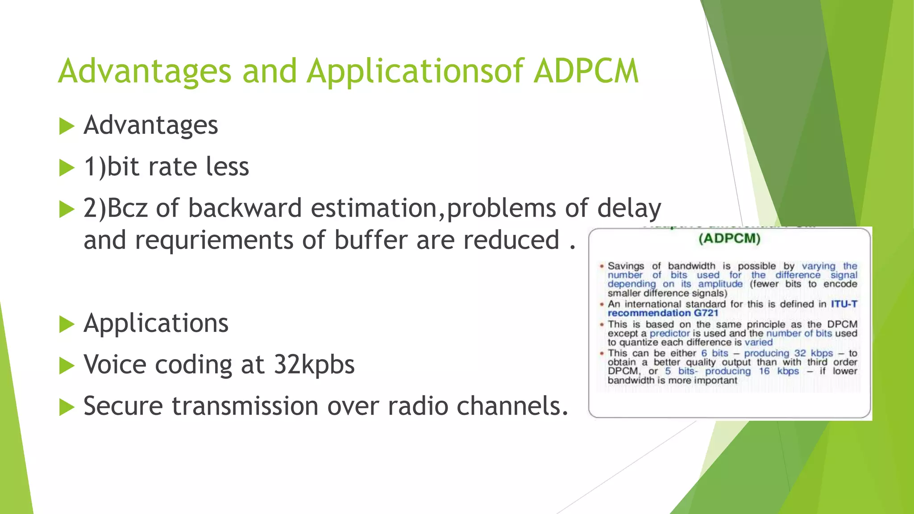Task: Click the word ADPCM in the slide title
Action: pos(586,71)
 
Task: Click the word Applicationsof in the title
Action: pos(415,71)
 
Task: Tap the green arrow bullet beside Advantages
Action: pos(66,126)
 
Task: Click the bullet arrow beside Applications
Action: pos(66,324)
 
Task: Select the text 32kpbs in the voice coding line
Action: pos(314,365)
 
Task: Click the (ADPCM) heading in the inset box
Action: pos(729,239)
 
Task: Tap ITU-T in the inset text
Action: pos(844,304)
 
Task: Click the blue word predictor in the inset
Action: pos(669,333)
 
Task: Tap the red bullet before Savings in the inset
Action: pos(602,266)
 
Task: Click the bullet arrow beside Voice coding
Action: pos(66,366)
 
